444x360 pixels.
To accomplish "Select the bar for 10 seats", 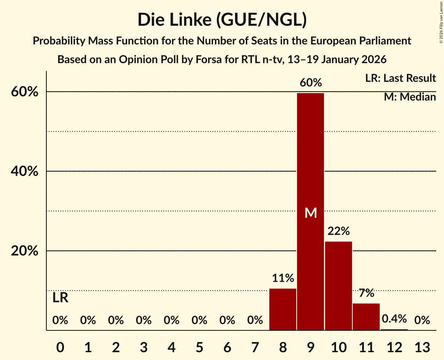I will [x=338, y=286].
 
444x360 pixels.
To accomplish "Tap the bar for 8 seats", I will [x=283, y=309].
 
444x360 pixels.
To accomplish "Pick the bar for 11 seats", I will [x=366, y=317].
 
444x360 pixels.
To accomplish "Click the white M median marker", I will [x=311, y=213].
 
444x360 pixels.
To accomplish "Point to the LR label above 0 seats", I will [x=60, y=298].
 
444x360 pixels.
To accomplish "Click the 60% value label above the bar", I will [x=311, y=83].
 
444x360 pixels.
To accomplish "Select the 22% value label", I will [x=338, y=231].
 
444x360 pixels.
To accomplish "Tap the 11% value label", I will [x=283, y=278].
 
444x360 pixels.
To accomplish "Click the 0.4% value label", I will [x=394, y=319].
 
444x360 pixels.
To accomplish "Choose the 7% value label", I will [x=366, y=293].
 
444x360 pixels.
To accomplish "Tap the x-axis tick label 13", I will [x=422, y=347].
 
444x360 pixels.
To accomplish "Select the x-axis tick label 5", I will [x=199, y=347].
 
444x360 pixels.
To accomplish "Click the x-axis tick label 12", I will [x=394, y=347].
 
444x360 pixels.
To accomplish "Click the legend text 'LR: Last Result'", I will [x=400, y=78].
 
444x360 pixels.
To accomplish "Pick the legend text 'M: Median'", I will [x=410, y=97].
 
